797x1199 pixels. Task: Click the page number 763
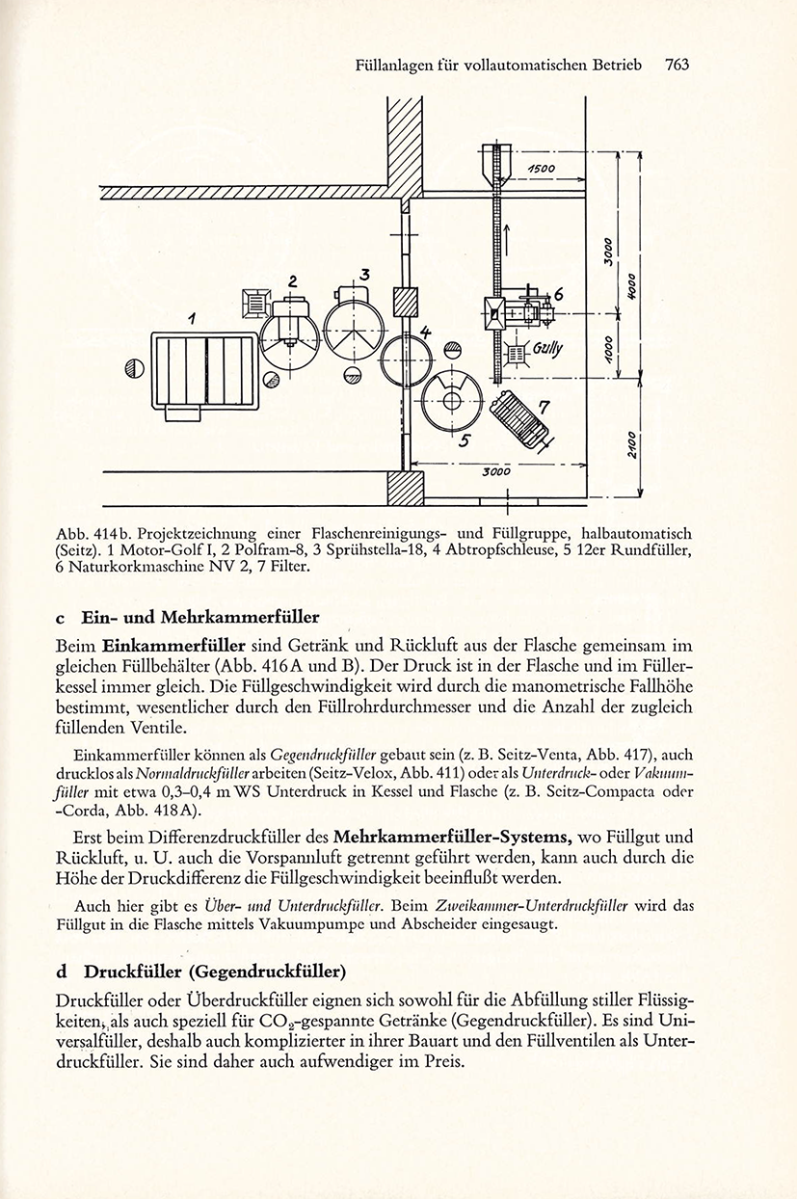(677, 65)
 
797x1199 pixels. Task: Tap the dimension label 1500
(542, 169)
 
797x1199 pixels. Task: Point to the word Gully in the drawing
(547, 349)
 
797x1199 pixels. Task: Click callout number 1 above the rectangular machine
(191, 320)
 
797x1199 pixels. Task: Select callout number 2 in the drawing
(292, 281)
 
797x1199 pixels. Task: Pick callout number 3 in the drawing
(365, 275)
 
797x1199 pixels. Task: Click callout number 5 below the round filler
(465, 440)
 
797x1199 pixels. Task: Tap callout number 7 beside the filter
(544, 408)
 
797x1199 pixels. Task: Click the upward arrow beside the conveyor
(507, 238)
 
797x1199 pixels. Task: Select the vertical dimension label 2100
(632, 445)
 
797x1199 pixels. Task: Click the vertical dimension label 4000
(631, 287)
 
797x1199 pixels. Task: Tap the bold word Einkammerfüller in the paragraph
(174, 646)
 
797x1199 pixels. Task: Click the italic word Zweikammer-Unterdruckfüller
(533, 906)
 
